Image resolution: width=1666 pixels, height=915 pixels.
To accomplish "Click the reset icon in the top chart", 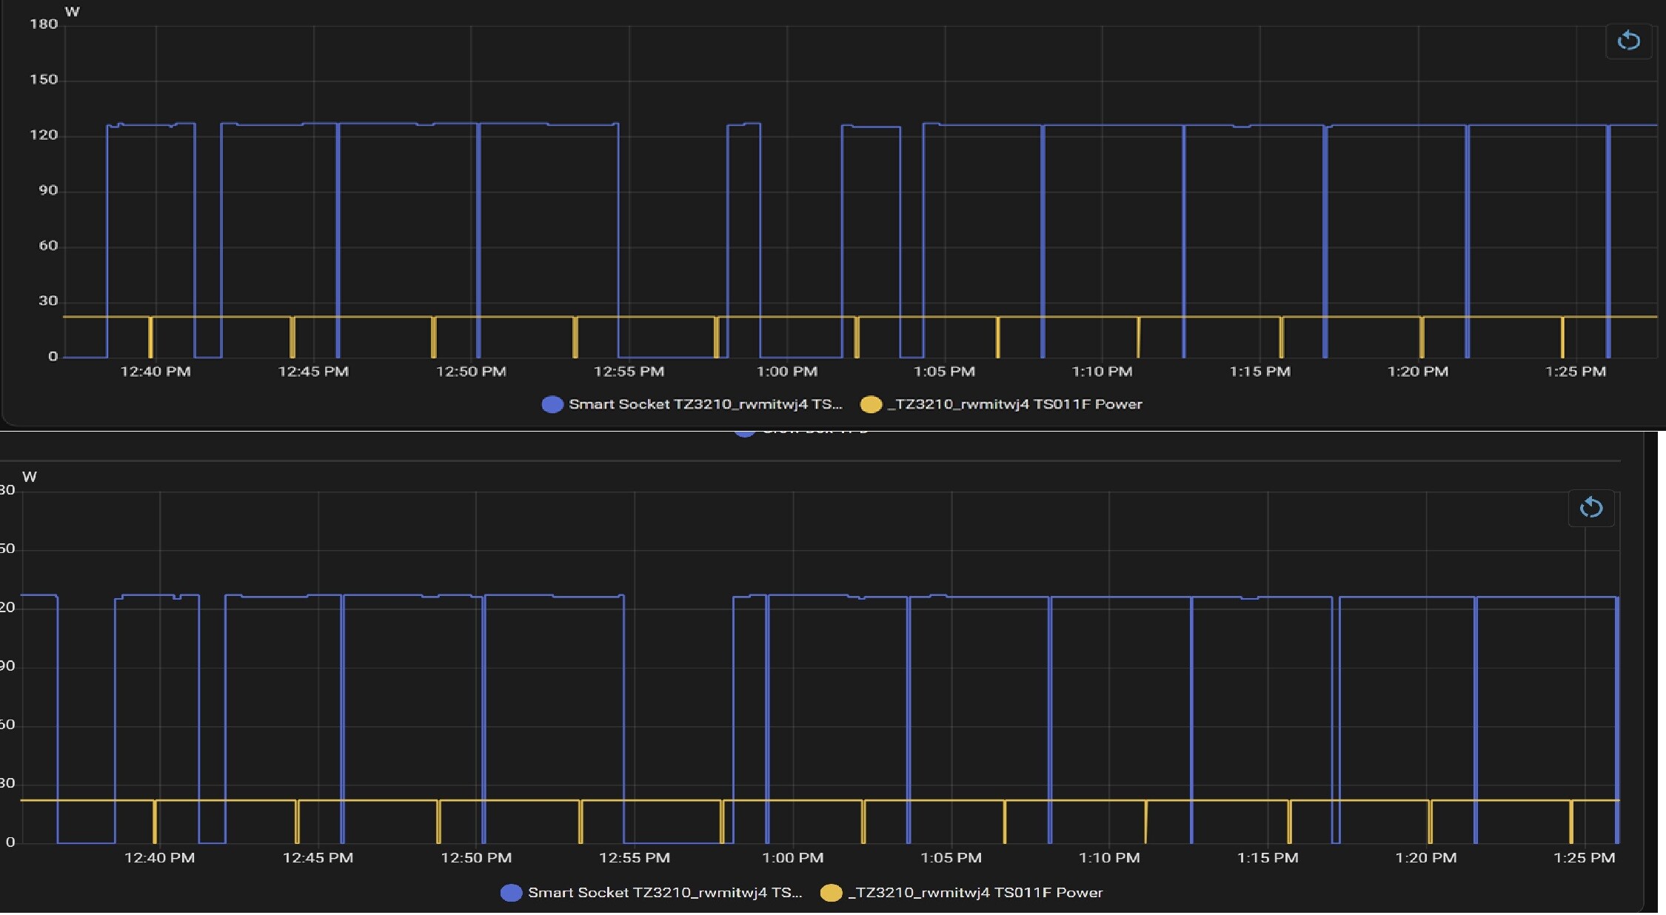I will (1628, 40).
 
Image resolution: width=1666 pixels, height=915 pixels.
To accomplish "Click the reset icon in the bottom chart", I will (1590, 508).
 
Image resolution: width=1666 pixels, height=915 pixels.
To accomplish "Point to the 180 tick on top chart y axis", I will (44, 24).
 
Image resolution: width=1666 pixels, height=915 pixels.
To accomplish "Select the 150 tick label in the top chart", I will (44, 80).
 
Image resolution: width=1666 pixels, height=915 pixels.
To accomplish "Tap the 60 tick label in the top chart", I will (48, 246).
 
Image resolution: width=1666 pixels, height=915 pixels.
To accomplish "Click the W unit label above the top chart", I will (72, 12).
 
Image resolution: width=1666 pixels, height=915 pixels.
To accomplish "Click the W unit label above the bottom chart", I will (30, 477).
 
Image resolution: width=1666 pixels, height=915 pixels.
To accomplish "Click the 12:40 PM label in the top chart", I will (155, 372).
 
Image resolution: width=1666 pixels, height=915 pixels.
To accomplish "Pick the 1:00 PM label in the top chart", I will (786, 372).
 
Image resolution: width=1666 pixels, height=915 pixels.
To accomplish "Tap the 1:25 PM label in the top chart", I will (1575, 372).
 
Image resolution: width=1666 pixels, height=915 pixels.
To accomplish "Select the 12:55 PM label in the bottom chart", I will (634, 858).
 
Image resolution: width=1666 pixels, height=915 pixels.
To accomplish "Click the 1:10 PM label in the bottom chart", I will (1108, 858).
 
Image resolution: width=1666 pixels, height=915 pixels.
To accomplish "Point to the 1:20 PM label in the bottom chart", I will (1425, 858).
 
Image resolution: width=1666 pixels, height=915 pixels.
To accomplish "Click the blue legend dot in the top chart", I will (552, 404).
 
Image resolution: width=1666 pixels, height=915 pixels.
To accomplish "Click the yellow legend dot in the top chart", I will (871, 404).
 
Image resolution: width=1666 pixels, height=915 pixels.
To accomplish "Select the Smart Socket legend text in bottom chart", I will (664, 893).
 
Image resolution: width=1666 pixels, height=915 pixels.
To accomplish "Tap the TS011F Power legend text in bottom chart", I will (975, 893).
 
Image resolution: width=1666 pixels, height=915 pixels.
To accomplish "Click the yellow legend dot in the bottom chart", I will (831, 893).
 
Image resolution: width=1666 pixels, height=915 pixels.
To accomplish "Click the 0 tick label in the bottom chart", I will (10, 842).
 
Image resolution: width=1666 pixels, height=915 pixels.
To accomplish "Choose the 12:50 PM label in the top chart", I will (471, 372).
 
